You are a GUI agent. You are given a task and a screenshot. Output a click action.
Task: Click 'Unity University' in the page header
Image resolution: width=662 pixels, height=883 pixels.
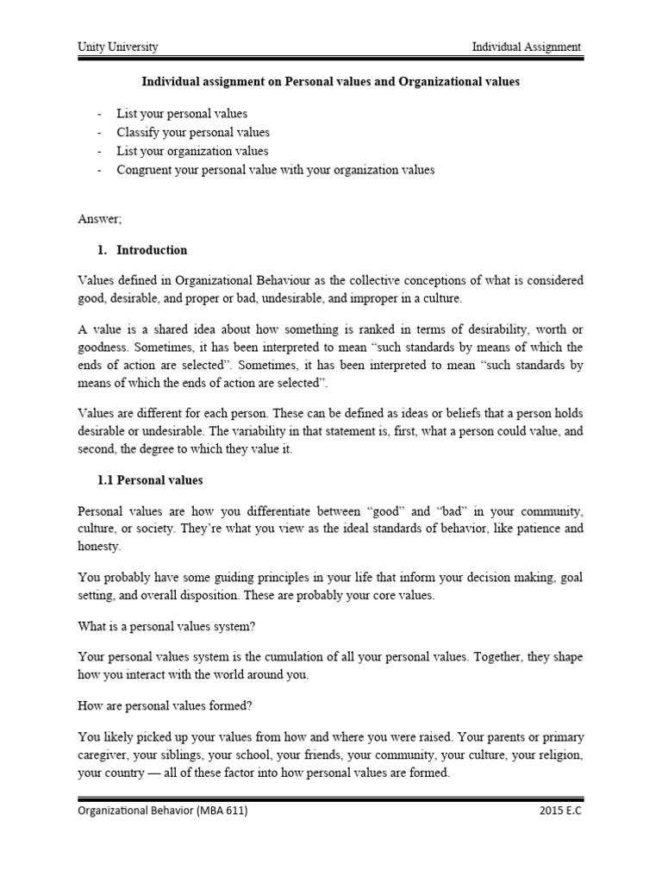118,47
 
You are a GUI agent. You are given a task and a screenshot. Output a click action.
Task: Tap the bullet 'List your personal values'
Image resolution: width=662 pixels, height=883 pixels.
183,114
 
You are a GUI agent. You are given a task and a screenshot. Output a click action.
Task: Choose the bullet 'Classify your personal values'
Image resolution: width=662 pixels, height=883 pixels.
194,133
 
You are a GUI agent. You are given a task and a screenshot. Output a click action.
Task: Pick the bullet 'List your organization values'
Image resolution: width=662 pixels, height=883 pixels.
193,151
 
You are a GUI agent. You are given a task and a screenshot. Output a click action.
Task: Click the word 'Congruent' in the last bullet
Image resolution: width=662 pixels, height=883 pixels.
145,170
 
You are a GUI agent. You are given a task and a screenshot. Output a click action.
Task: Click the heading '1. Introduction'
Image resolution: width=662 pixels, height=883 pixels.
142,250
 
